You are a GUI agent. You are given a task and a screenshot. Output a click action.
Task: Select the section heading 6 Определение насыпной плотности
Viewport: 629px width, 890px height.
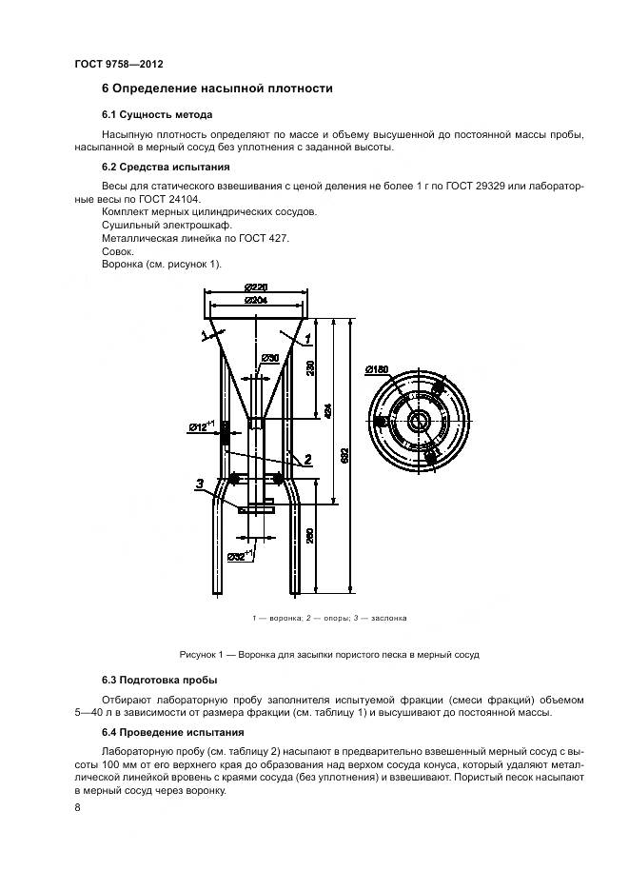click(217, 89)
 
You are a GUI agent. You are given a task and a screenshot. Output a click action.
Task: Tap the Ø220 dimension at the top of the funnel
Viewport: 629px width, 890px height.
click(254, 287)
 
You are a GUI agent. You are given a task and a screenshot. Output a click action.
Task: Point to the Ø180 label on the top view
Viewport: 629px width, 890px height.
click(377, 370)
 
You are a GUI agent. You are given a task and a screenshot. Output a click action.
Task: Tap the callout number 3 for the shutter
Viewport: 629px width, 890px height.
click(198, 484)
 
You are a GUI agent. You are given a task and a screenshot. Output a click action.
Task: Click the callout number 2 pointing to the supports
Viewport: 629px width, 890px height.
click(309, 460)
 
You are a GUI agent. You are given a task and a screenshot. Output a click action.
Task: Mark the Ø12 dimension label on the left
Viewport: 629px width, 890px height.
click(202, 427)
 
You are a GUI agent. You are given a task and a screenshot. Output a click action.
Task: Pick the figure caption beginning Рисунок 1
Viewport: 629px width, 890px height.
click(329, 655)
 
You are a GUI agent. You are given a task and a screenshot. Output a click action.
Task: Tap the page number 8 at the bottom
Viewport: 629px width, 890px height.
click(77, 808)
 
